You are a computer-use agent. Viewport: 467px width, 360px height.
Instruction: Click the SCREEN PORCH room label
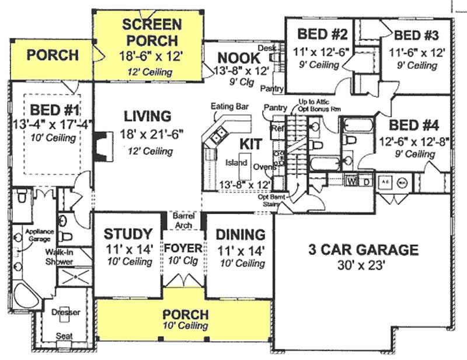pos(151,33)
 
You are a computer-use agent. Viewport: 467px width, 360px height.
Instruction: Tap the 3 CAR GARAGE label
pos(363,250)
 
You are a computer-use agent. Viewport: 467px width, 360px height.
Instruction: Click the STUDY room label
pos(128,235)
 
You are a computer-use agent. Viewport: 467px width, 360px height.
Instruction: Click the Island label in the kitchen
pos(236,163)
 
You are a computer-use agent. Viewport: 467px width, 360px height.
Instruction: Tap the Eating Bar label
pos(230,107)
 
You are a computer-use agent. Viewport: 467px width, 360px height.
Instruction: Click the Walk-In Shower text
pos(60,257)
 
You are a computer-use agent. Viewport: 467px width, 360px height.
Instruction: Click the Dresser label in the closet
pos(66,312)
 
